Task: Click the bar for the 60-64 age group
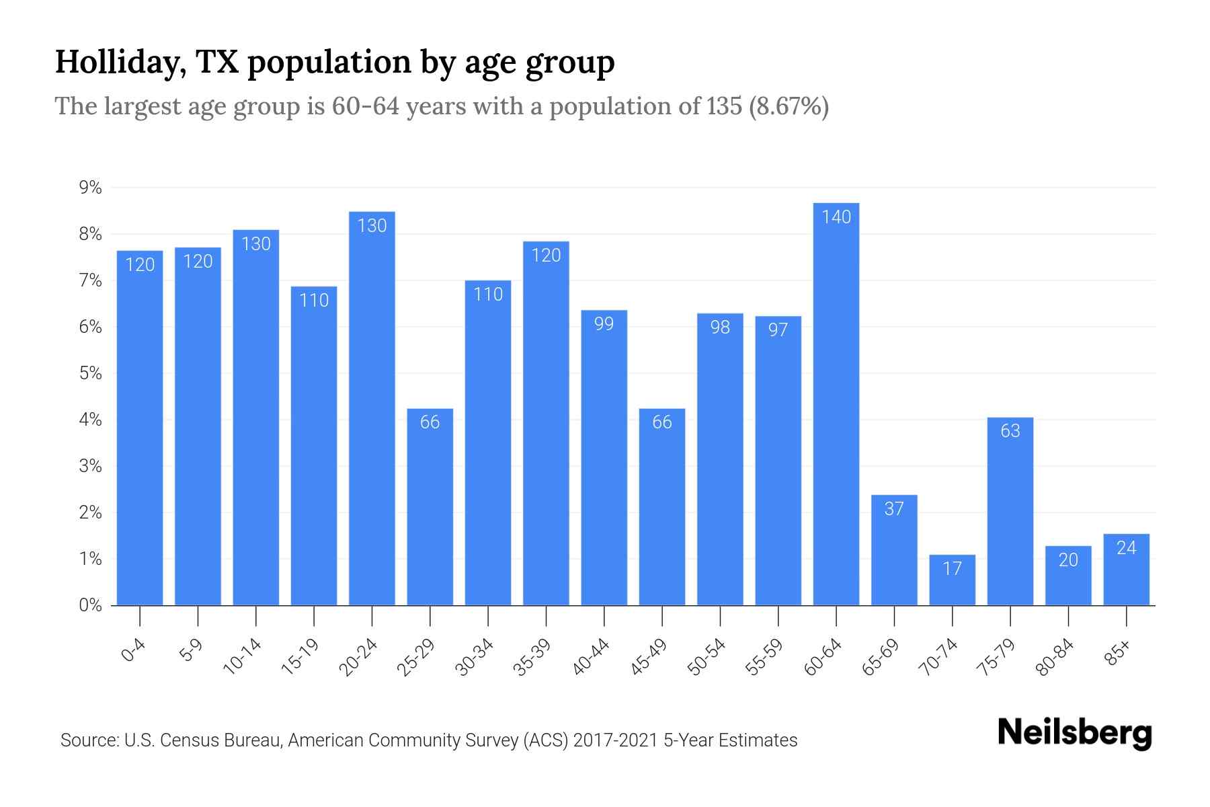pos(836,403)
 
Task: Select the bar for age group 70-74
pos(952,580)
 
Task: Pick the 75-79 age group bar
pos(1010,511)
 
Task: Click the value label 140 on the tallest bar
pos(836,217)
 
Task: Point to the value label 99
pos(604,323)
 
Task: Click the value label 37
pos(893,508)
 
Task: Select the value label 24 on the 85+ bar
pos(1126,548)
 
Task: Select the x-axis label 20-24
pos(359,658)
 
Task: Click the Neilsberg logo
pos(1074,733)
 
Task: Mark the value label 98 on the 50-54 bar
pos(719,327)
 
